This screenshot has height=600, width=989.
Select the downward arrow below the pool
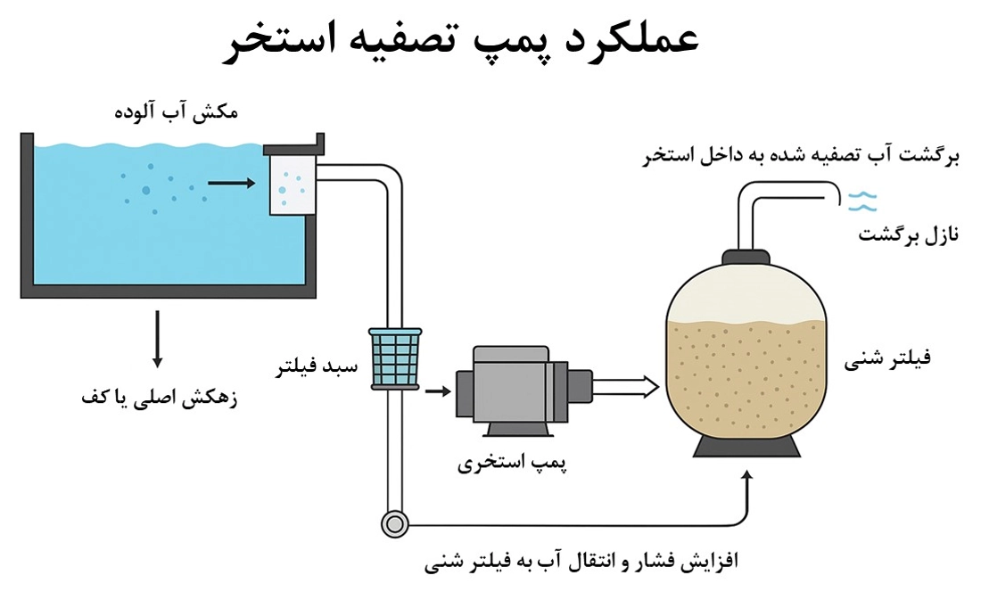click(158, 339)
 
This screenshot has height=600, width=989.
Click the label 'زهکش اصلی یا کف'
click(159, 399)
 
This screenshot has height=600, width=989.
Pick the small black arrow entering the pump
click(438, 390)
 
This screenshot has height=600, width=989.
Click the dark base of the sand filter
click(747, 447)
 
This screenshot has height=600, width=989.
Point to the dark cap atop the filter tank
click(747, 259)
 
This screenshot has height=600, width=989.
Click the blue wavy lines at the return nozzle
click(861, 201)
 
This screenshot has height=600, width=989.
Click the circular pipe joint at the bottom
click(392, 523)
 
